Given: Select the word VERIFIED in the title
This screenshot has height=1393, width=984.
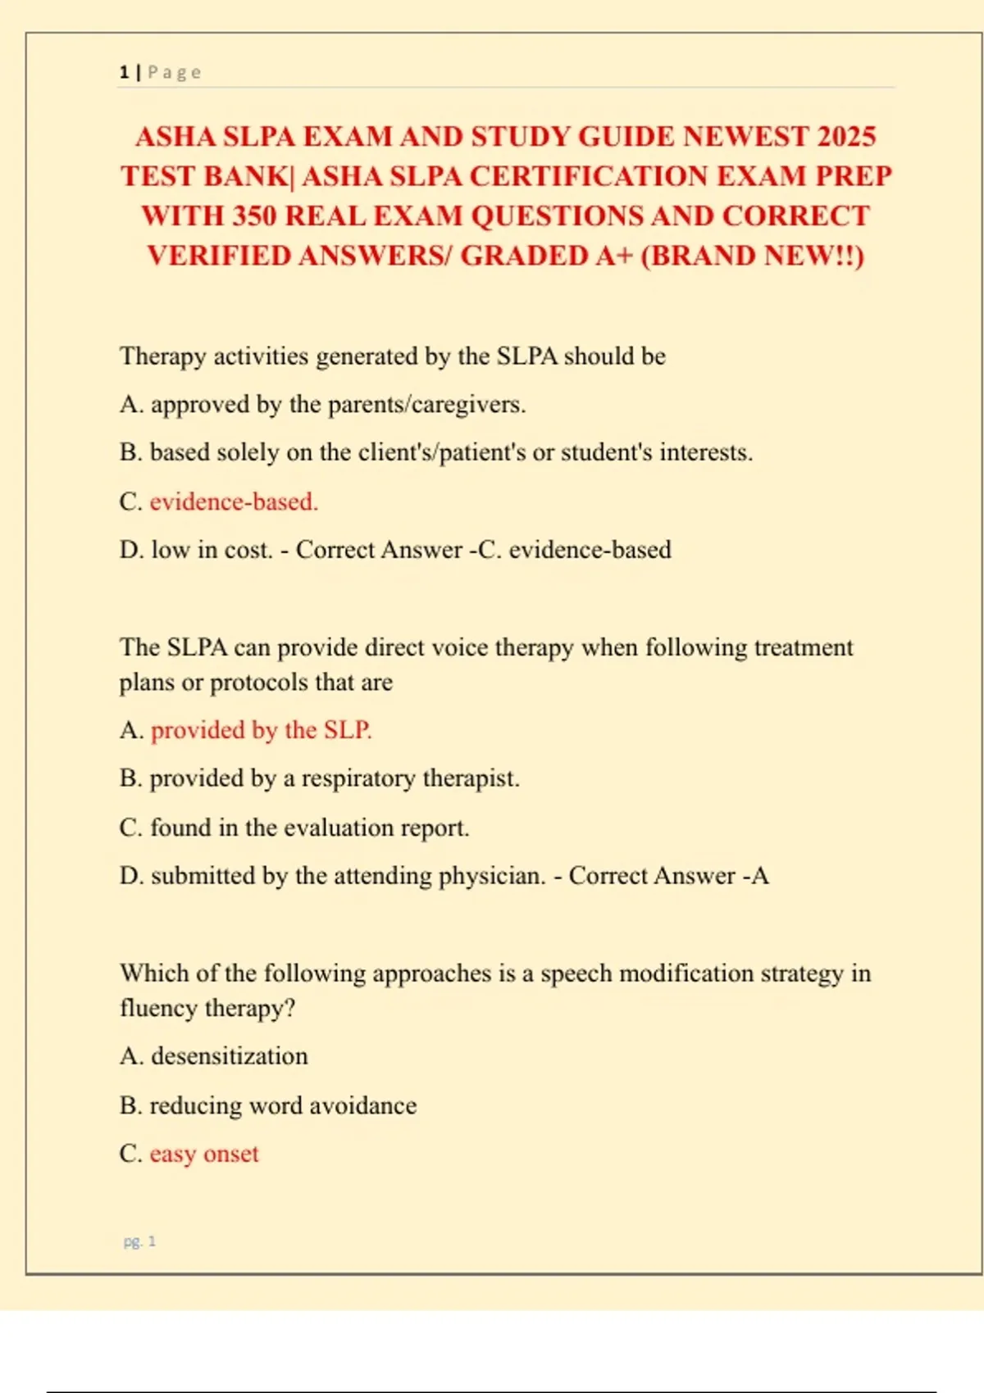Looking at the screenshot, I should click(x=219, y=256).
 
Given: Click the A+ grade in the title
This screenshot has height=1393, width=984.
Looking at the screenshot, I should click(x=614, y=256).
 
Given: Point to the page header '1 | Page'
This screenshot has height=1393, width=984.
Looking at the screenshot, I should click(x=160, y=72).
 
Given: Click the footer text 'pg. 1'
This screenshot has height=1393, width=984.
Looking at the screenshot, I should click(x=139, y=1241).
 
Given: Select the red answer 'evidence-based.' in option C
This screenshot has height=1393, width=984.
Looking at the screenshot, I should click(x=234, y=501).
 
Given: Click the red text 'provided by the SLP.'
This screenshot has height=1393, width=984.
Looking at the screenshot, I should click(x=261, y=729).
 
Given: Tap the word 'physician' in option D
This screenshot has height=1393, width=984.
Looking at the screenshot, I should click(x=491, y=876).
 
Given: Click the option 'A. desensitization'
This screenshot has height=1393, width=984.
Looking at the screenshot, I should click(x=213, y=1055).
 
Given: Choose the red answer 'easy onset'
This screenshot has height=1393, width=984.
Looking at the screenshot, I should click(x=203, y=1154).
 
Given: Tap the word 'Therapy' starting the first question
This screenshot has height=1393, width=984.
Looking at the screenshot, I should click(x=162, y=356).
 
